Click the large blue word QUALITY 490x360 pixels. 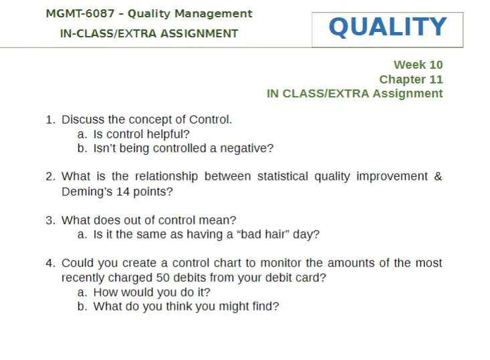click(x=388, y=27)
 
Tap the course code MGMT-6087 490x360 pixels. click(x=80, y=14)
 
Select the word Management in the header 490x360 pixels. click(x=213, y=14)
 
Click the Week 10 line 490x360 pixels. click(x=418, y=65)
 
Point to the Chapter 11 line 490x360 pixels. click(x=411, y=79)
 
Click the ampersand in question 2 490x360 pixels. click(x=438, y=176)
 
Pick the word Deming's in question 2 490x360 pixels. click(x=87, y=192)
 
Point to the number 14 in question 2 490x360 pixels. click(x=123, y=192)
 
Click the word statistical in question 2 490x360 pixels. click(x=283, y=176)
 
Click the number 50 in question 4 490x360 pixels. click(x=163, y=278)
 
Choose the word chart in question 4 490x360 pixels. click(x=227, y=263)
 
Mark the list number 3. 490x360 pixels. click(x=49, y=220)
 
